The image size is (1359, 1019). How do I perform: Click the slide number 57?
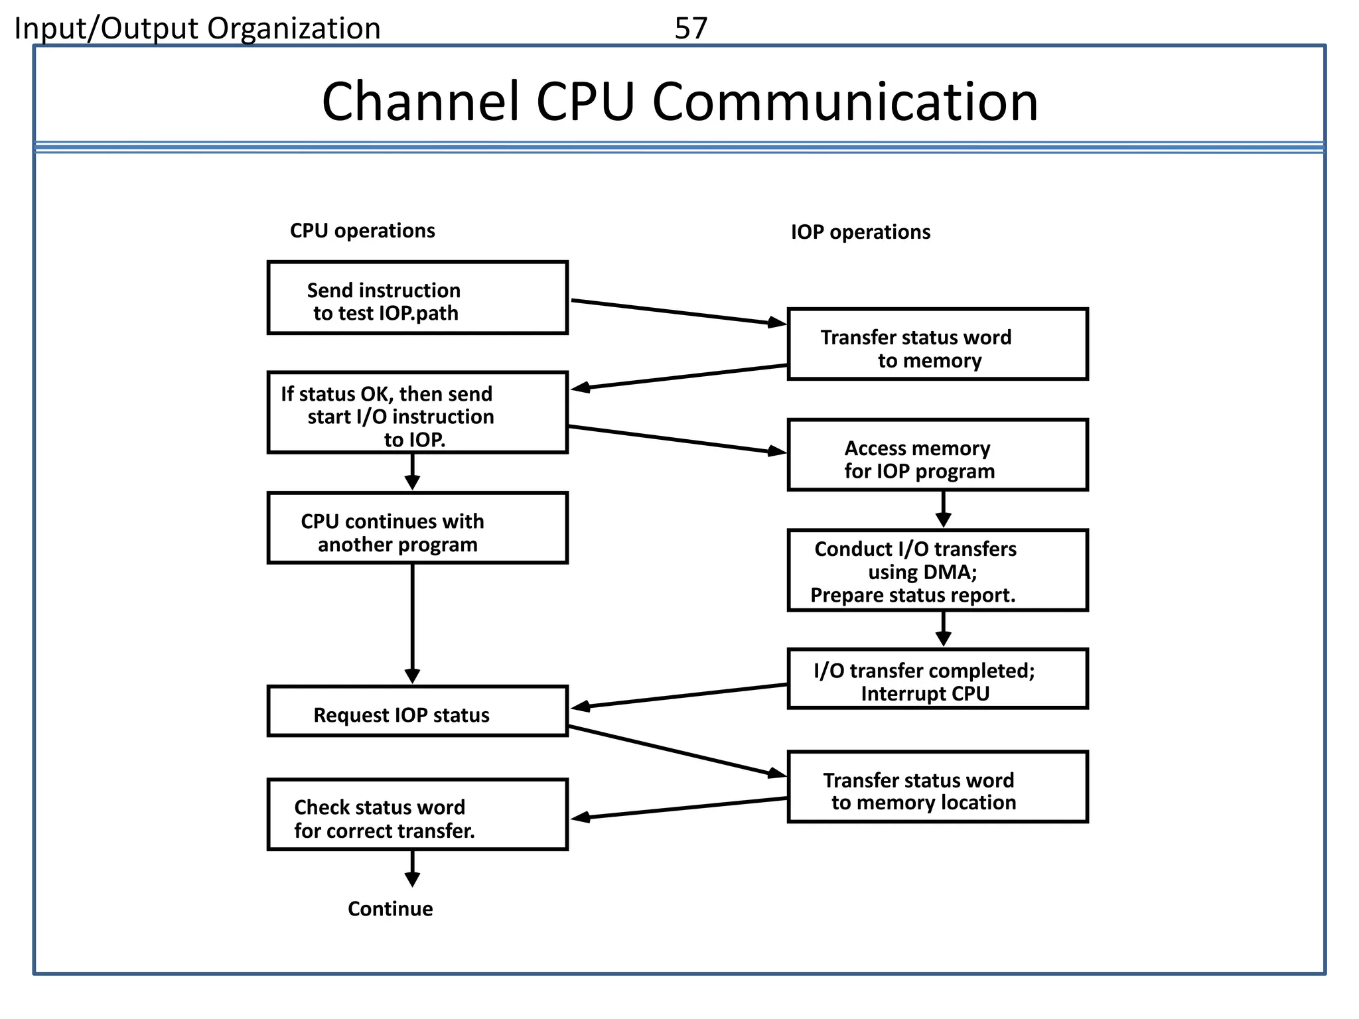coord(691,29)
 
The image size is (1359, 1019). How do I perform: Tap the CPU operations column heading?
coord(362,230)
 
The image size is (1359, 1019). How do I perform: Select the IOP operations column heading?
coord(860,232)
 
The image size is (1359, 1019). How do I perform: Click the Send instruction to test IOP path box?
coord(417,298)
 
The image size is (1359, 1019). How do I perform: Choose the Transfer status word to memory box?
coord(937,344)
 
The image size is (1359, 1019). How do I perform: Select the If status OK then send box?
coord(417,413)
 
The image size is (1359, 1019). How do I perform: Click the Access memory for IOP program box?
coord(937,455)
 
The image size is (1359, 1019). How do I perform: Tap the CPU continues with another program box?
coord(417,528)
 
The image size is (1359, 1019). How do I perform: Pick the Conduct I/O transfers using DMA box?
coord(937,571)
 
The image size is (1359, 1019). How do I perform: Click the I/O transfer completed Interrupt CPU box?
coord(937,679)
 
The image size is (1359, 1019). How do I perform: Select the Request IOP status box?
coord(417,712)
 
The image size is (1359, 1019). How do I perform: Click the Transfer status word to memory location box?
coord(937,787)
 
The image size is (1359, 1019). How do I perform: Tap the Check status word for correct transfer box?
coord(417,815)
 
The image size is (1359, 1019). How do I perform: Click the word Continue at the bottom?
coord(390,908)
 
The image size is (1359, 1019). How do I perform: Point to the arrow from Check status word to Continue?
coord(412,868)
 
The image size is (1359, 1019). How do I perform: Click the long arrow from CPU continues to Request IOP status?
coord(412,624)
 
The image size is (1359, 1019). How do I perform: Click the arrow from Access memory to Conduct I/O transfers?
coord(943,509)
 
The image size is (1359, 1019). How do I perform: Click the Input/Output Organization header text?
coord(198,29)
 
